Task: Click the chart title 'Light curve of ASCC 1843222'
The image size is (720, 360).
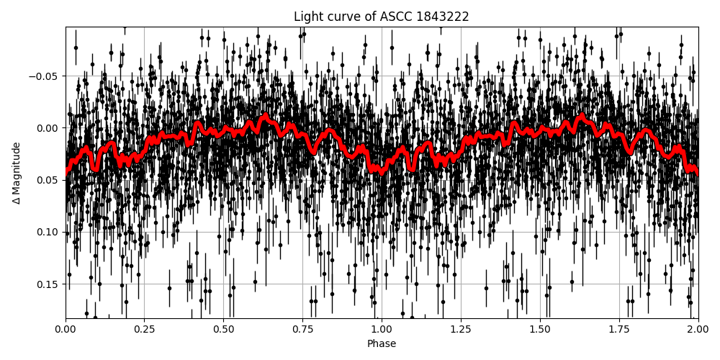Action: [x=381, y=17]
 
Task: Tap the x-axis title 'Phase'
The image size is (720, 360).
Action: [x=381, y=344]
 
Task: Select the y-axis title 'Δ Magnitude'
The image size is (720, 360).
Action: [x=17, y=173]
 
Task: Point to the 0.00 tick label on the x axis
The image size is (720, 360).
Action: [x=66, y=329]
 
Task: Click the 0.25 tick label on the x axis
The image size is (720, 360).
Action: [x=144, y=329]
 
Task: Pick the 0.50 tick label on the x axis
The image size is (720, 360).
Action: [x=223, y=329]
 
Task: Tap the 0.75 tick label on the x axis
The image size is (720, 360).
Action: [x=302, y=329]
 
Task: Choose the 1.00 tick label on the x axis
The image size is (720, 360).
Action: [x=382, y=329]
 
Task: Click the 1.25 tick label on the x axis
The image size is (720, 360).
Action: [x=461, y=329]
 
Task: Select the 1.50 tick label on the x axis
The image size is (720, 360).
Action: [x=540, y=329]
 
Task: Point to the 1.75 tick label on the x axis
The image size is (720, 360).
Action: [x=619, y=329]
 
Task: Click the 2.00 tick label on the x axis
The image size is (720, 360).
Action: [x=698, y=329]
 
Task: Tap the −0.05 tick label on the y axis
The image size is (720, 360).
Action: [x=44, y=76]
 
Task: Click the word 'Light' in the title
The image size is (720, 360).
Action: [x=307, y=17]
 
